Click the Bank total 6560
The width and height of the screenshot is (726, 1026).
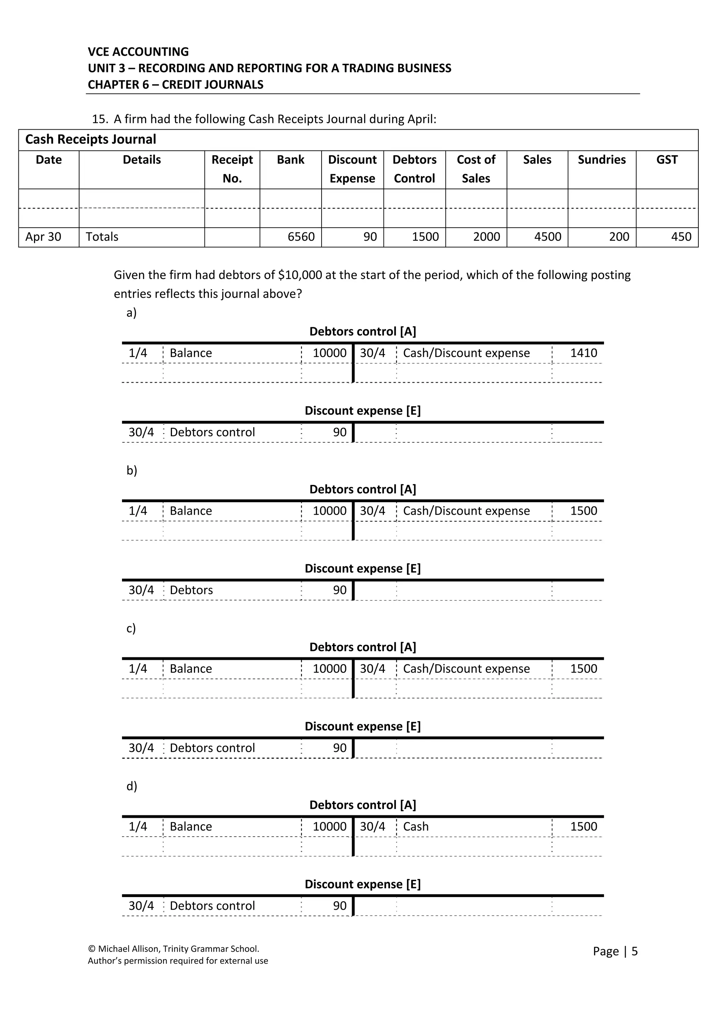[x=301, y=237]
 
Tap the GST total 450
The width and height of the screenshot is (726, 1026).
[x=681, y=237]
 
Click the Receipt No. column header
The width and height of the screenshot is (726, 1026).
[x=232, y=169]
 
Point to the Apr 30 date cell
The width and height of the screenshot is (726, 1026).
[x=43, y=237]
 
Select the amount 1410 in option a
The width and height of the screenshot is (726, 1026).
[x=583, y=353]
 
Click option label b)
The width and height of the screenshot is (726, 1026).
[x=132, y=471]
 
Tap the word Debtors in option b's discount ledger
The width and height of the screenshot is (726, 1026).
[x=191, y=590]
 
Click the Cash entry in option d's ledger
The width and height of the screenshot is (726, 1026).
[x=415, y=826]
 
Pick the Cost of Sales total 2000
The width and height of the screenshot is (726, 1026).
[x=486, y=237]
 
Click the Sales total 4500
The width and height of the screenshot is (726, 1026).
[x=548, y=237]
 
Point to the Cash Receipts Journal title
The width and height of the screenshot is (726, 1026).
[x=91, y=140]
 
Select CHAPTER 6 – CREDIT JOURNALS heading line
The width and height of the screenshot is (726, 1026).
[x=175, y=84]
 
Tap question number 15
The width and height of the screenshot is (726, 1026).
[x=99, y=119]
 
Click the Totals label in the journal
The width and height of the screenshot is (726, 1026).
[x=102, y=237]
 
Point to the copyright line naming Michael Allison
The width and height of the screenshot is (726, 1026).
[x=174, y=949]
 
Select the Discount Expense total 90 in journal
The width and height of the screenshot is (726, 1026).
[x=370, y=237]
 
